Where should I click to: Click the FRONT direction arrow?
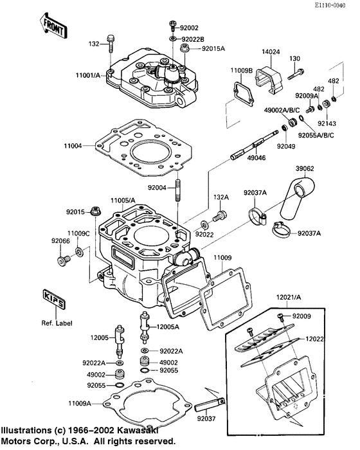click(x=54, y=24)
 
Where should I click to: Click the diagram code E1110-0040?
click(x=332, y=5)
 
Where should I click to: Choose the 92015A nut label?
click(x=213, y=48)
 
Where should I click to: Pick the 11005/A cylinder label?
click(x=123, y=200)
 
